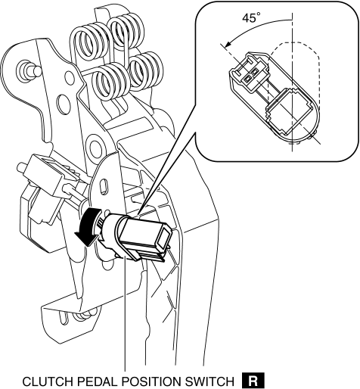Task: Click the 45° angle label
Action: click(x=251, y=18)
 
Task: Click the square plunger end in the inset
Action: click(x=289, y=111)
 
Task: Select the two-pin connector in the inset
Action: click(x=248, y=71)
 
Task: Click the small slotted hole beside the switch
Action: click(x=104, y=187)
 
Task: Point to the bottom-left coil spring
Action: click(x=112, y=82)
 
